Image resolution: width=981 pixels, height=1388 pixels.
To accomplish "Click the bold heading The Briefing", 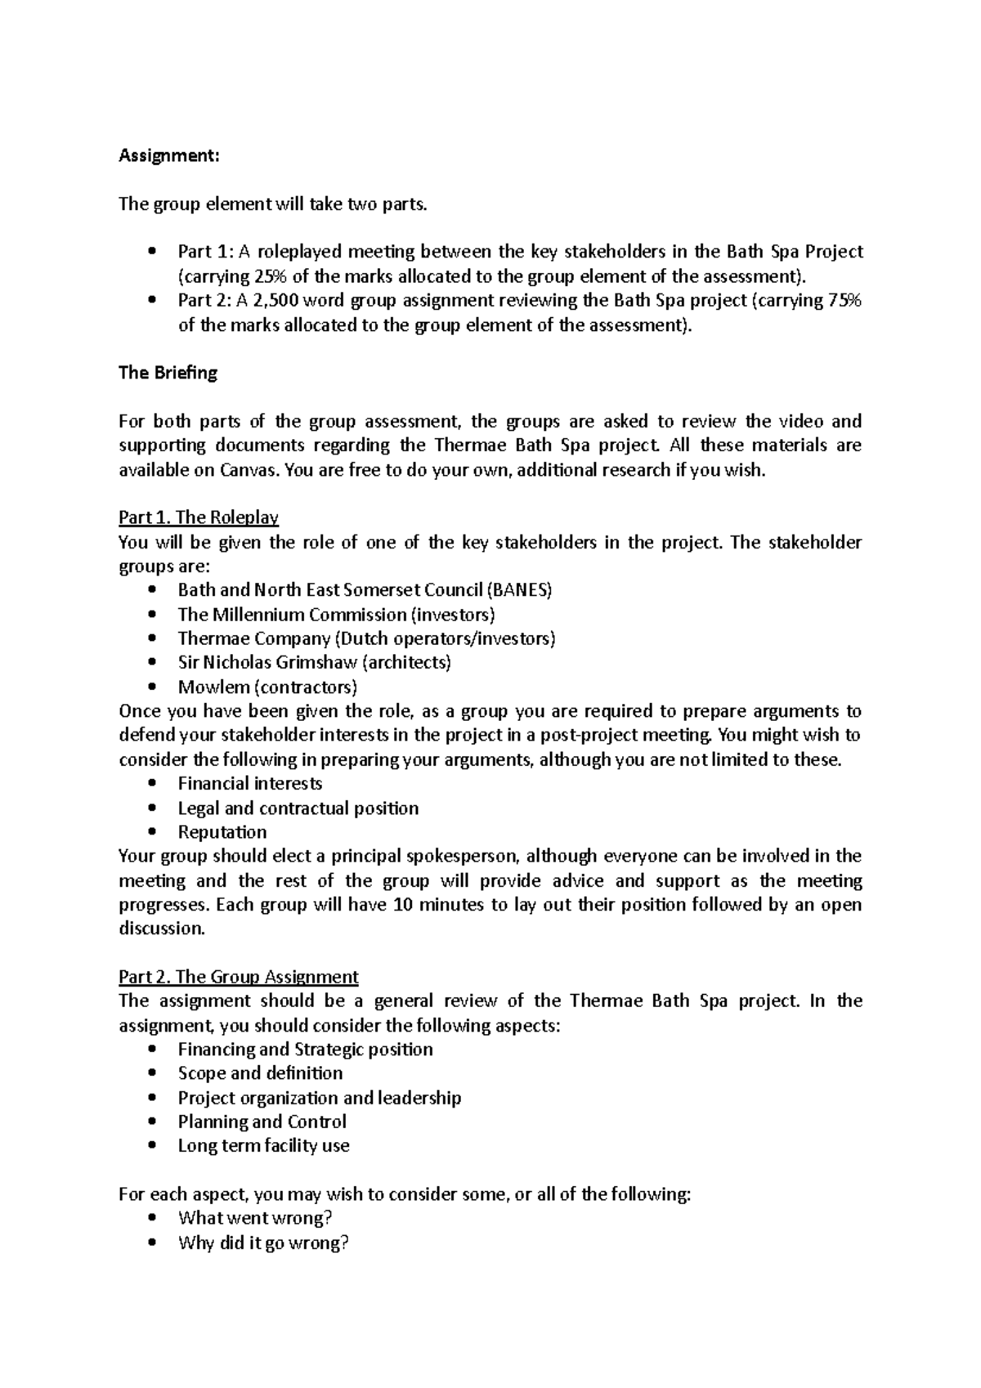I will pos(168,373).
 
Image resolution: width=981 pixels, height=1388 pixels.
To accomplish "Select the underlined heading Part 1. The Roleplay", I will pos(199,517).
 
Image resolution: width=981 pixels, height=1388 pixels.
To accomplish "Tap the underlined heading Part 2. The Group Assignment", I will pos(238,977).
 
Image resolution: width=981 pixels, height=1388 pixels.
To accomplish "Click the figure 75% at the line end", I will pos(844,300).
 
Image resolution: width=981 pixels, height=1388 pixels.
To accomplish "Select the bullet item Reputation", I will pos(222,832).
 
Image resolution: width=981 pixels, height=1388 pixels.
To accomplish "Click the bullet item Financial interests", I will pos(250,784).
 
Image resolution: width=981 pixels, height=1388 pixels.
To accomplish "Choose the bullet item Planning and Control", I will pos(262,1122).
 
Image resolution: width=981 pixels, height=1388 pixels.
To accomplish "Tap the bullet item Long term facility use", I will pos(263,1146).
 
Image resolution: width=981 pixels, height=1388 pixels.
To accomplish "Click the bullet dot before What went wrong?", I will pos(153,1219).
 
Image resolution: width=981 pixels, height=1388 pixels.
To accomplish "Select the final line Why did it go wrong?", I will pos(263,1243).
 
